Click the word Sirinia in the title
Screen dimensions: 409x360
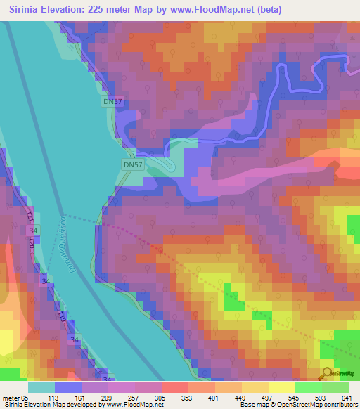point(27,10)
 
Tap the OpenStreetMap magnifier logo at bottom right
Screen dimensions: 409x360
point(328,374)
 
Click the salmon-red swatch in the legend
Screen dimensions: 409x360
point(174,387)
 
